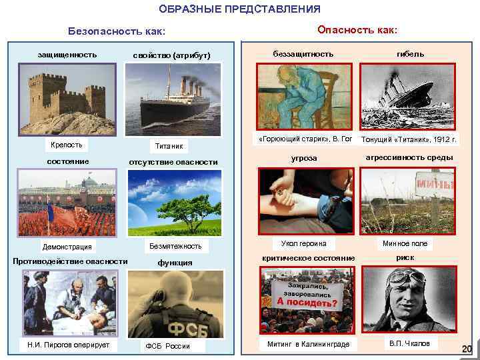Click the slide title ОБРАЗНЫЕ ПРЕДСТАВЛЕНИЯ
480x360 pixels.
click(x=240, y=9)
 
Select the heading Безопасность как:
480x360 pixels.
click(x=117, y=31)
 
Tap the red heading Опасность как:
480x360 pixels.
click(x=357, y=30)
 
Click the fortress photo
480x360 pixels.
click(x=67, y=101)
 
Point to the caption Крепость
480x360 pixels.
click(x=67, y=145)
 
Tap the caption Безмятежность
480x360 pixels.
click(x=175, y=246)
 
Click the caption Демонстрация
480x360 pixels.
click(x=67, y=247)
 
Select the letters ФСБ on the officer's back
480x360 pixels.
click(x=173, y=331)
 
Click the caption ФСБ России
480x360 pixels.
click(x=167, y=346)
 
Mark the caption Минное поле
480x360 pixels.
click(x=405, y=244)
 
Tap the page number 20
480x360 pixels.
click(x=467, y=349)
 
